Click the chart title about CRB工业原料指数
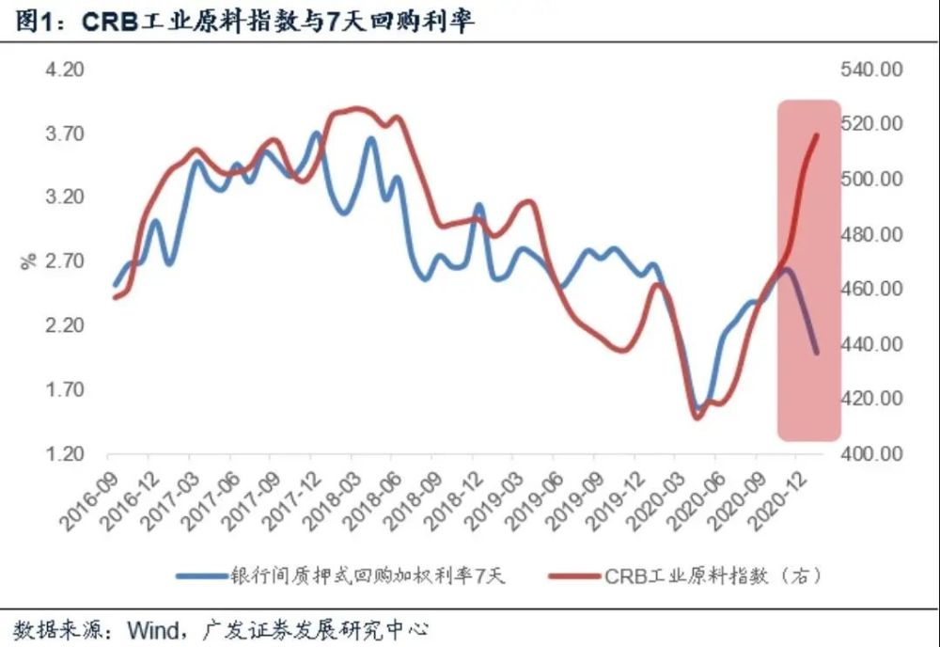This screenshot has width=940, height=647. [x=244, y=22]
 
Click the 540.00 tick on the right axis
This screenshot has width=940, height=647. [x=874, y=71]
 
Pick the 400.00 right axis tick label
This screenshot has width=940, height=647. [x=874, y=454]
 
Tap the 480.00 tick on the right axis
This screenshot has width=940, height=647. [x=874, y=234]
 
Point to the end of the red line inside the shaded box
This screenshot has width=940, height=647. [x=816, y=135]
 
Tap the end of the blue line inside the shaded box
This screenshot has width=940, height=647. [x=816, y=353]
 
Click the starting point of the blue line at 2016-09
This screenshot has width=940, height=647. [x=115, y=285]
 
